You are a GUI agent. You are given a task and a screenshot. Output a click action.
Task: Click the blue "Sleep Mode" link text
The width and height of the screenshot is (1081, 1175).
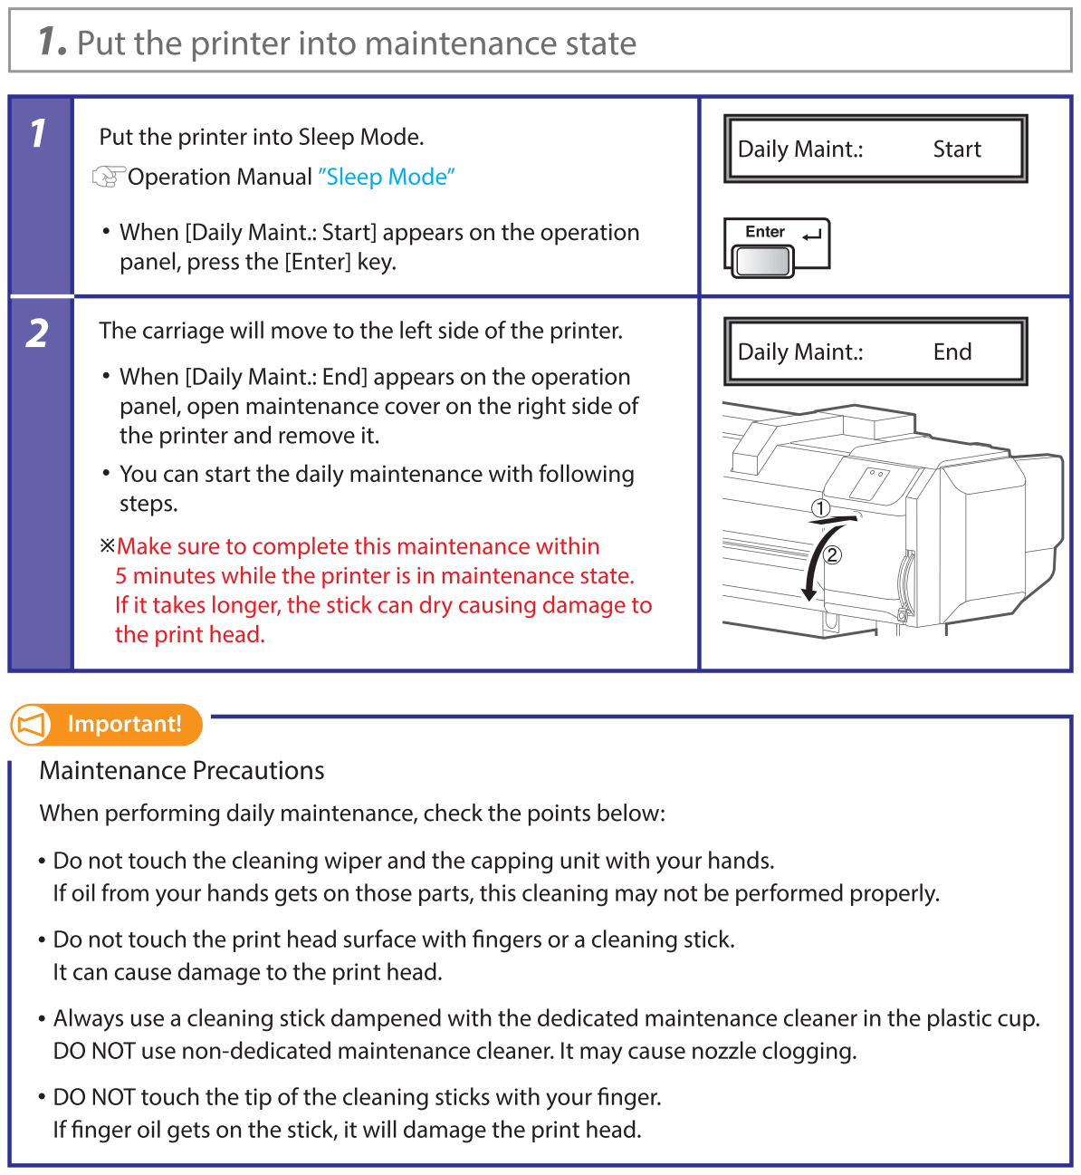point(387,177)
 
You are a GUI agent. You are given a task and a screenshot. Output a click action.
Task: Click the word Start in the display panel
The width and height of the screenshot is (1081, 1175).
point(957,149)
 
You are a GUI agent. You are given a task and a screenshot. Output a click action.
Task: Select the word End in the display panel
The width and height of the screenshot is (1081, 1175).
point(952,352)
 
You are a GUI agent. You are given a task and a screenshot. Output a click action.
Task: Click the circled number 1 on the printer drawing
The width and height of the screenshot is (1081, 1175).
point(820,508)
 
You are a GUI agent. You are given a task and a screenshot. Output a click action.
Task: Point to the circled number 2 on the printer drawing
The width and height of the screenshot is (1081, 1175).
point(833,554)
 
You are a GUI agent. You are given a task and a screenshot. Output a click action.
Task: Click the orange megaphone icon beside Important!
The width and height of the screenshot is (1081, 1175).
point(32,725)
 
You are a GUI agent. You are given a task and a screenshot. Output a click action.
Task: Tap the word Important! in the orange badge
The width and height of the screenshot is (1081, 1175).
point(125,725)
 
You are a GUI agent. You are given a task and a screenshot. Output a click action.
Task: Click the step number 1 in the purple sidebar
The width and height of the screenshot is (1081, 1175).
point(38,134)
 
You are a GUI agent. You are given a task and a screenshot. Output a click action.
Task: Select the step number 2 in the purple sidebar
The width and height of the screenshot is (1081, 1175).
point(38,333)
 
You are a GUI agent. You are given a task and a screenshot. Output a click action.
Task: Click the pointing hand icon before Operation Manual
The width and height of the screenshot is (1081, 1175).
point(109,177)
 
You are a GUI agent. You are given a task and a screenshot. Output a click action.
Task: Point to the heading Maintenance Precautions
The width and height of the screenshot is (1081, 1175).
point(182,771)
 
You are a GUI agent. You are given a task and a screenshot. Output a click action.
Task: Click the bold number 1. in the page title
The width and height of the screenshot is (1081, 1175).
point(52,42)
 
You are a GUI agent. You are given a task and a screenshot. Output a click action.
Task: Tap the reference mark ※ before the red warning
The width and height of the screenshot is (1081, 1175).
point(108,546)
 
